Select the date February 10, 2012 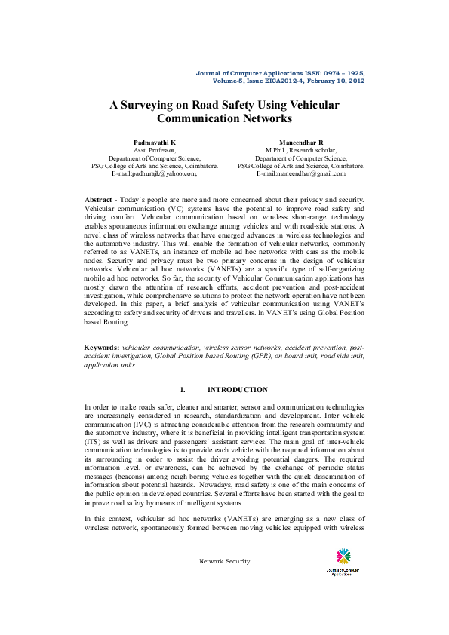[x=336, y=79]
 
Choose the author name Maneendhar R [x=301, y=142]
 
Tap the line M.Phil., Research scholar [x=301, y=150]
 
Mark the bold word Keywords [x=102, y=348]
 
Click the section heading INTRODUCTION [x=237, y=390]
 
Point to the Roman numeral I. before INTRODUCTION [x=183, y=390]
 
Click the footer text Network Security [x=224, y=562]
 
